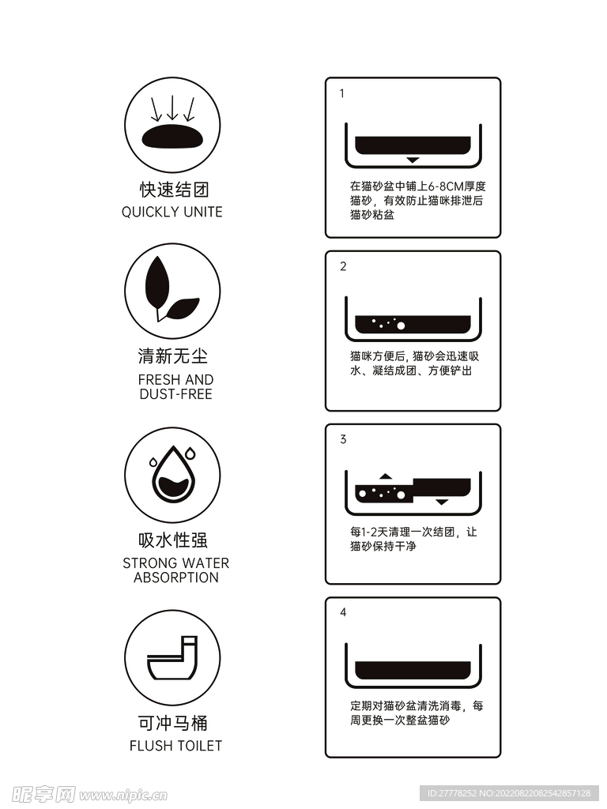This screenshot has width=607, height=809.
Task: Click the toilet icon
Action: tap(173, 659)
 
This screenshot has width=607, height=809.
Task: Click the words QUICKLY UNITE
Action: tap(172, 212)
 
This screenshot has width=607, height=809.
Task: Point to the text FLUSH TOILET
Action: tap(175, 745)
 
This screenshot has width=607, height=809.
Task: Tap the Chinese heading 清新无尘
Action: tap(173, 356)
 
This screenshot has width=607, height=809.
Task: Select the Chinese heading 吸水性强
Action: tap(173, 540)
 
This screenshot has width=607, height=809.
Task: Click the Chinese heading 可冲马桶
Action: tap(173, 723)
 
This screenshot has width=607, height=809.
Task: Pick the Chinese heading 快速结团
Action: tap(173, 190)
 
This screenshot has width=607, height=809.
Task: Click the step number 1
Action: tap(342, 93)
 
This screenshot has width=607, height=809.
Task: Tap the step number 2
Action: tap(343, 266)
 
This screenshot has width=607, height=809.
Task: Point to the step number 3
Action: tap(343, 439)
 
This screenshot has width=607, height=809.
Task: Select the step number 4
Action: tap(343, 612)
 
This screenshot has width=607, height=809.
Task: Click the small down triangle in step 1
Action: tap(413, 160)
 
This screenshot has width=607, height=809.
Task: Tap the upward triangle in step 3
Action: tap(386, 476)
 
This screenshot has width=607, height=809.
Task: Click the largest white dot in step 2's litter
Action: tap(400, 325)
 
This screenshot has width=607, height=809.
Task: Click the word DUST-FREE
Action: tap(175, 394)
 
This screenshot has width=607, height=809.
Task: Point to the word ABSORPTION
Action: tap(175, 578)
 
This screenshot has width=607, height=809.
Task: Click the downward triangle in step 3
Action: tap(442, 502)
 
